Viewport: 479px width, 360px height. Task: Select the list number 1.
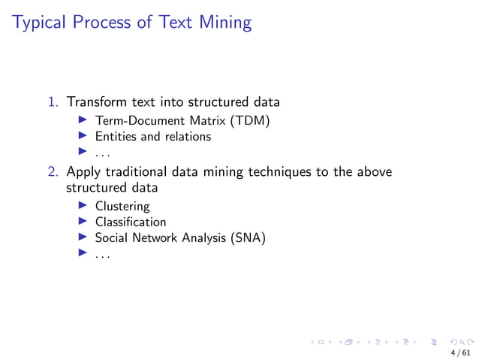point(53,101)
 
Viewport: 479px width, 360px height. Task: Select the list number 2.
point(53,172)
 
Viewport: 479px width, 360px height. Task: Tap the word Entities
point(116,137)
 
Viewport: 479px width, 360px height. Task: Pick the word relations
point(187,137)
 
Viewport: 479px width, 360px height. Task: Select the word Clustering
point(122,206)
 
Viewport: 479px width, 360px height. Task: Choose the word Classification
point(131,222)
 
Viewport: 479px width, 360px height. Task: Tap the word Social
point(111,238)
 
